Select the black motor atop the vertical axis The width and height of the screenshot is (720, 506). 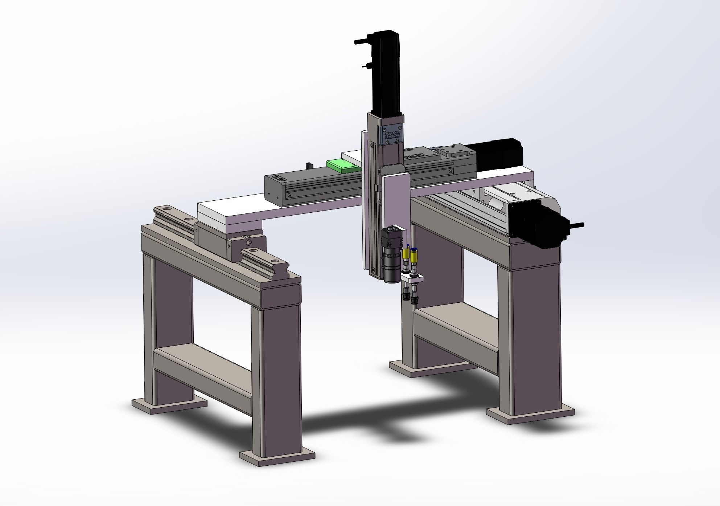386,71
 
